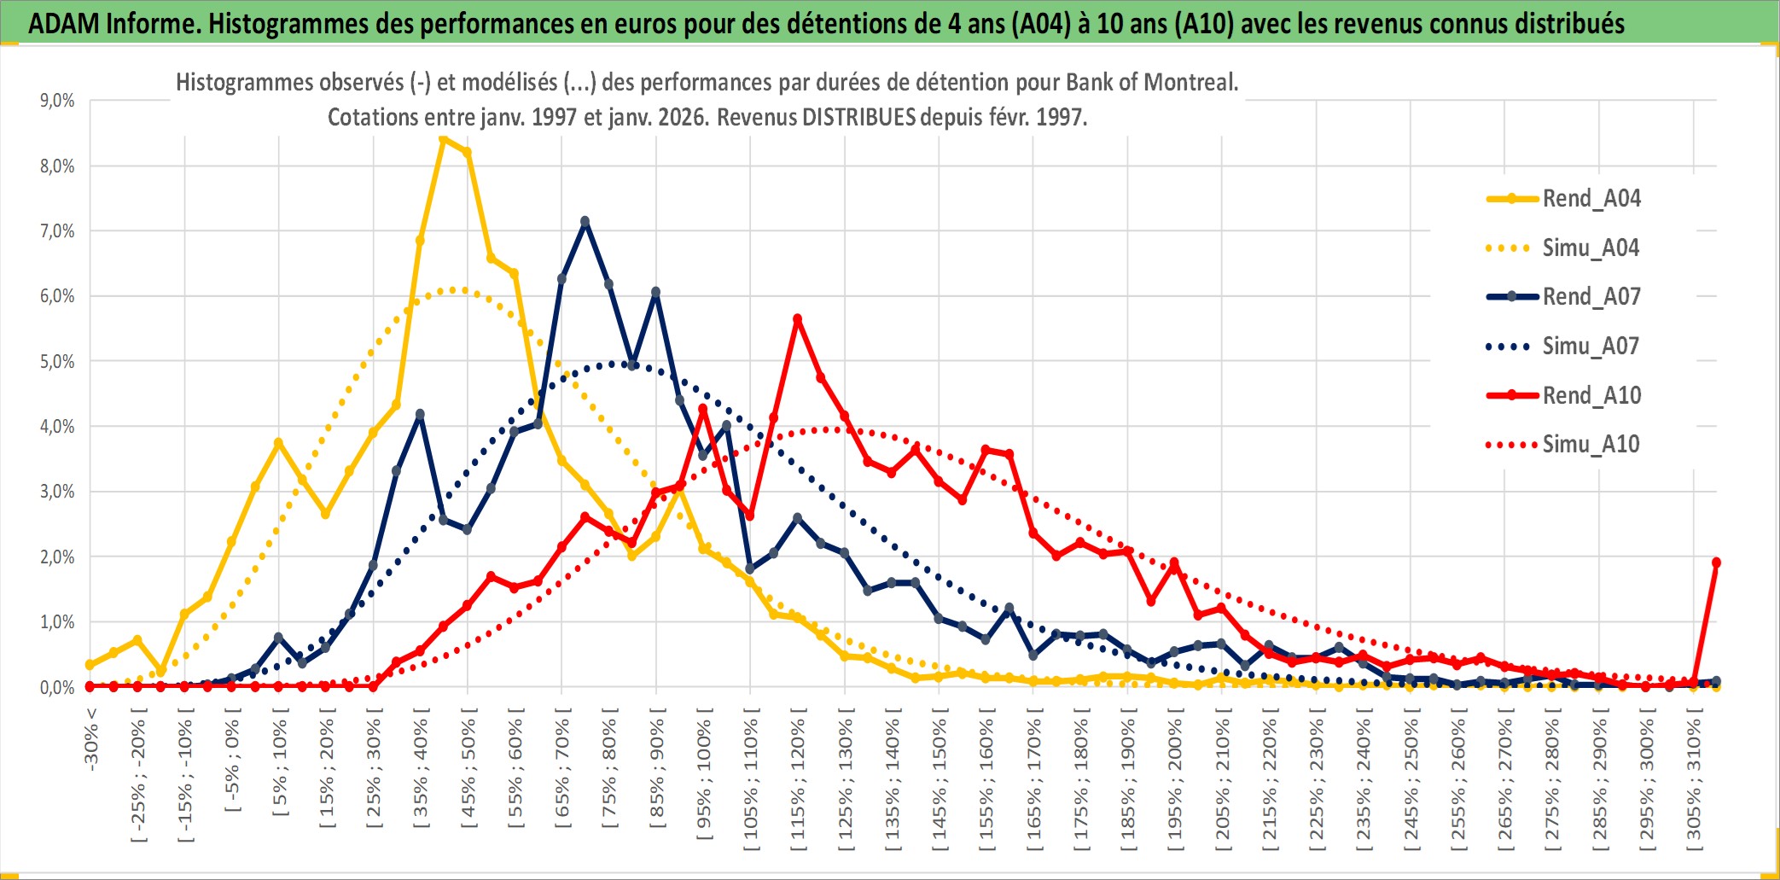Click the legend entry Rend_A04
tap(1591, 199)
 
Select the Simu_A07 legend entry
tap(1591, 347)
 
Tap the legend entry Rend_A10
tap(1591, 395)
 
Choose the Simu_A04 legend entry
tap(1591, 248)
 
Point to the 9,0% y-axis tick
tap(57, 101)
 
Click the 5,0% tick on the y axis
tap(57, 361)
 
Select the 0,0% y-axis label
tap(57, 687)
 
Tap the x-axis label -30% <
tap(91, 737)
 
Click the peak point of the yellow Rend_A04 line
tap(443, 138)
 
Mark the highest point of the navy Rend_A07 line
tap(585, 221)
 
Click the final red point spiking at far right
tap(1716, 562)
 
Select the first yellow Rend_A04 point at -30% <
tap(90, 665)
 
